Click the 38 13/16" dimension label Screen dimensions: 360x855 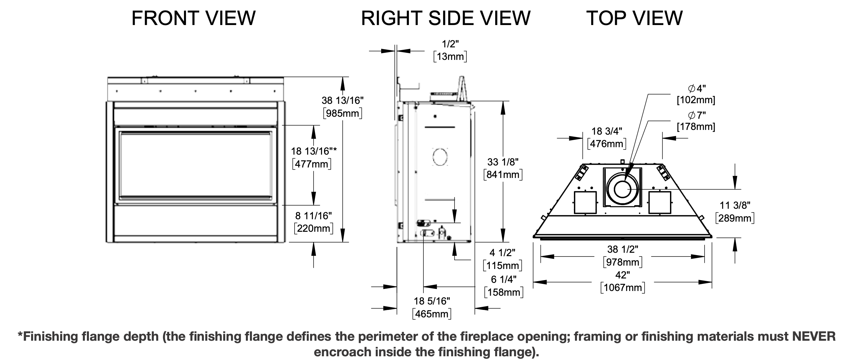tap(342, 100)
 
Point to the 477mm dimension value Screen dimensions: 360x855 tap(311, 164)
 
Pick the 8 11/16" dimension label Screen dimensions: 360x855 tap(314, 216)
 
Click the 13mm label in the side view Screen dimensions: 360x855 tap(450, 57)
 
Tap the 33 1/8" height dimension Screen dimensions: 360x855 tap(503, 162)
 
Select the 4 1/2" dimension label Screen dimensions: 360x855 tap(502, 252)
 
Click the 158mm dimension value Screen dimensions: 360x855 tap(504, 292)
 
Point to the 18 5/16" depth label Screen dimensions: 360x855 tap(432, 301)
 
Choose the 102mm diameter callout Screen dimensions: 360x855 tap(696, 100)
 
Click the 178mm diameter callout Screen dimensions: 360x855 tap(696, 127)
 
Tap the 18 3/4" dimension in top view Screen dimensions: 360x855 tap(607, 131)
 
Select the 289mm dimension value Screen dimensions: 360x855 tap(735, 218)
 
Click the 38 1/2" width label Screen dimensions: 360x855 tap(623, 249)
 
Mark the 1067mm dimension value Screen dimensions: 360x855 tap(623, 288)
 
